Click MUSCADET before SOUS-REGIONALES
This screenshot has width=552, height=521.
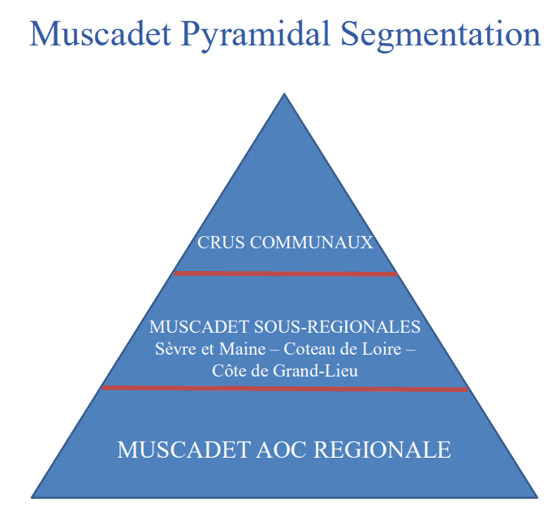tap(200, 327)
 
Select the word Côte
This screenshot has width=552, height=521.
tap(229, 372)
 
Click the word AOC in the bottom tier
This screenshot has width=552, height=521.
tap(278, 450)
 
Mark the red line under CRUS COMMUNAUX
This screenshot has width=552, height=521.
tap(286, 273)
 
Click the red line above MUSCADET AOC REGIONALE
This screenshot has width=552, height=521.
tap(284, 389)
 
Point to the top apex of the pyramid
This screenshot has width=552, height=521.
tap(284, 94)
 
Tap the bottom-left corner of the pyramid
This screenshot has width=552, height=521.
tap(32, 497)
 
